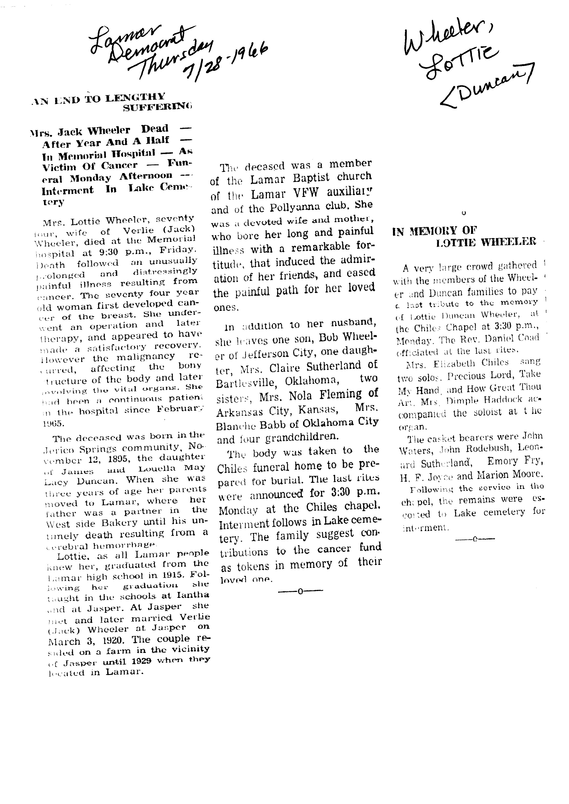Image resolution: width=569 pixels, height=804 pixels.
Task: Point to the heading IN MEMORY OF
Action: coord(435,231)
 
